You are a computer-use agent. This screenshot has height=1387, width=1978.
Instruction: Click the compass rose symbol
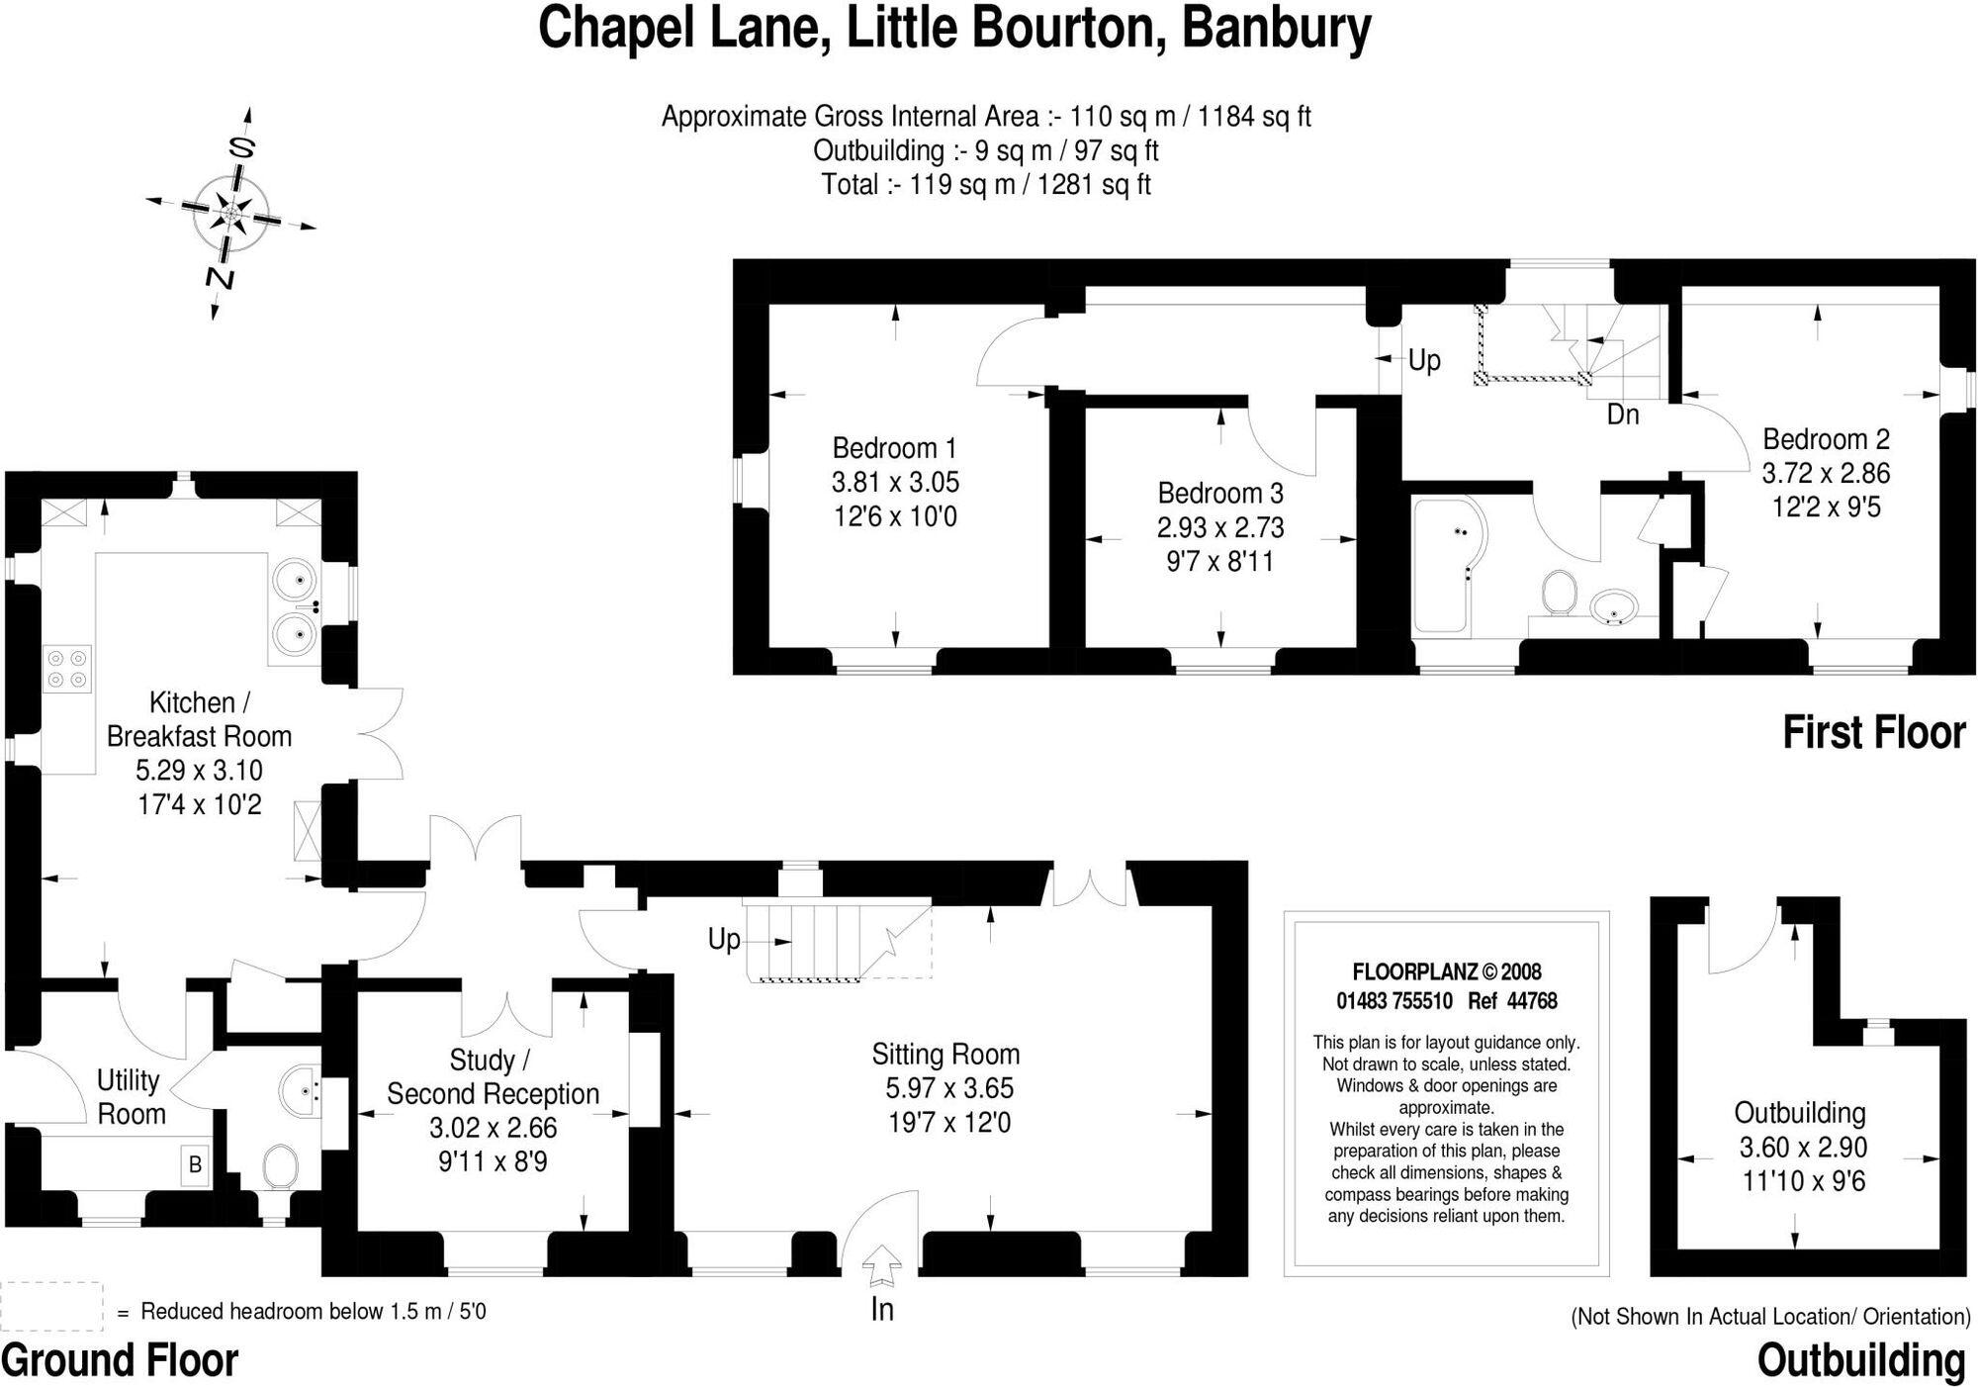(231, 213)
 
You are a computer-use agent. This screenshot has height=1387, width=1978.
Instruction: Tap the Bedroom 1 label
(894, 448)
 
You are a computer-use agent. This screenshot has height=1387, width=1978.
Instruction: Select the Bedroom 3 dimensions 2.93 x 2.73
(1220, 527)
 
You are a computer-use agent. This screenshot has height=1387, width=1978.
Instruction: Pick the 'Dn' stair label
(1623, 415)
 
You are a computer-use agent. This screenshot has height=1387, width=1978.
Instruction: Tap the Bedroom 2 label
(1826, 439)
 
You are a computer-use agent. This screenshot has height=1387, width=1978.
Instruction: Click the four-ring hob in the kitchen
(66, 668)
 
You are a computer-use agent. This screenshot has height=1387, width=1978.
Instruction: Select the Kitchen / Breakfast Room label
(199, 719)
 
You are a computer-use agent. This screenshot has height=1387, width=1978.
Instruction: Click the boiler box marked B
(195, 1164)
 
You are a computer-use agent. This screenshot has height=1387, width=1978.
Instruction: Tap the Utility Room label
(130, 1097)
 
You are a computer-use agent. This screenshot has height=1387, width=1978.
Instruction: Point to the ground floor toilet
(282, 1166)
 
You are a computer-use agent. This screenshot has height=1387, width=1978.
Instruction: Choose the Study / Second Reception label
(492, 1077)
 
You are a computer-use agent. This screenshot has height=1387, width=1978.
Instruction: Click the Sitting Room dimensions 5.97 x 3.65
(948, 1088)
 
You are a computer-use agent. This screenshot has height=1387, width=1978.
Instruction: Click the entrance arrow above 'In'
(881, 1266)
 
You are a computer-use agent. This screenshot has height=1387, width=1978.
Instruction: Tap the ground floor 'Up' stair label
(724, 939)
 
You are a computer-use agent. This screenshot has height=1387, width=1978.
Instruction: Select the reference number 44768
(1532, 1001)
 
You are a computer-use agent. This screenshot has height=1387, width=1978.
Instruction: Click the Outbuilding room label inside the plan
(1799, 1113)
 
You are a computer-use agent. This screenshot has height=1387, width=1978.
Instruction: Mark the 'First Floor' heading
(1873, 733)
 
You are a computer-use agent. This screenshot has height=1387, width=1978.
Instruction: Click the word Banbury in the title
(1276, 29)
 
